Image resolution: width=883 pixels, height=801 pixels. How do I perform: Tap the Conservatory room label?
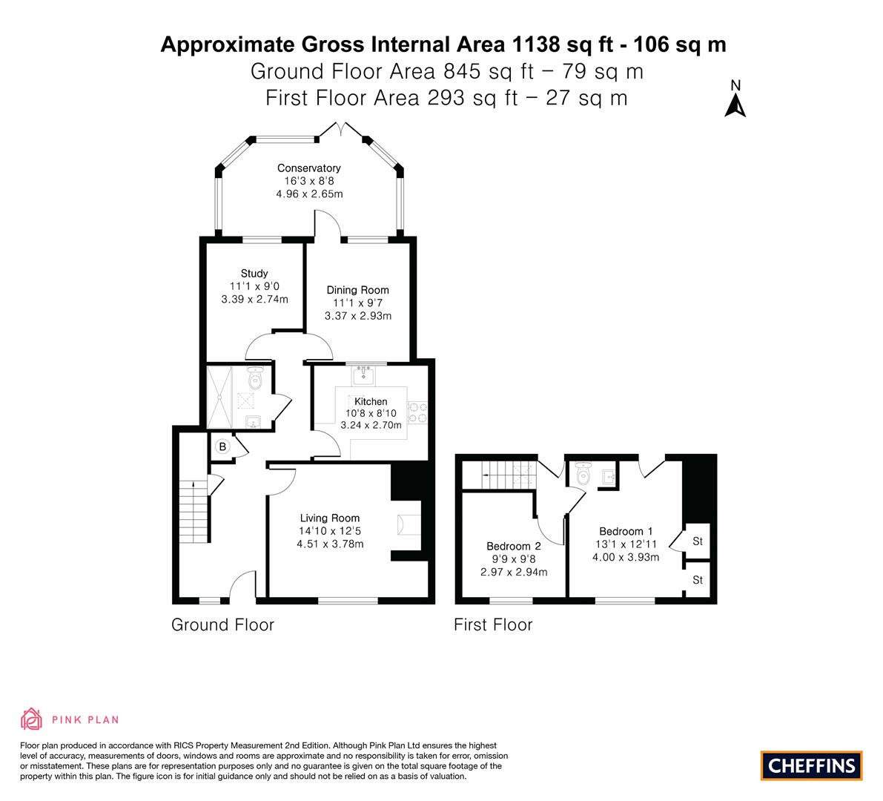pos(308,168)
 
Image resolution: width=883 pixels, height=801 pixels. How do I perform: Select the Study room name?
pos(254,273)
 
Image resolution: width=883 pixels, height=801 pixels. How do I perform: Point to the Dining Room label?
pos(357,289)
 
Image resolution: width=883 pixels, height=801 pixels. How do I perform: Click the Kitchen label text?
pos(371,401)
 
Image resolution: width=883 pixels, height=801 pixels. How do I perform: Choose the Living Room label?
pos(329,518)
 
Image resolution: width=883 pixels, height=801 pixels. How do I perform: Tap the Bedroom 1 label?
pos(626,531)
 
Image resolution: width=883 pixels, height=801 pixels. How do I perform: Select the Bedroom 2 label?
pos(514,546)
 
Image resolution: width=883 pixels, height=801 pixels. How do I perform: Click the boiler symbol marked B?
pos(222,446)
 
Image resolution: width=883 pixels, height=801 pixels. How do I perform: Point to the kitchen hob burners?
pos(417,412)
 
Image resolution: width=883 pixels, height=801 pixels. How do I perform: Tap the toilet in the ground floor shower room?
pos(256,378)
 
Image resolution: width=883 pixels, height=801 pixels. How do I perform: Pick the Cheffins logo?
pos(812,765)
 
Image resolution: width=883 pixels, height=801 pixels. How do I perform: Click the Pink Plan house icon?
pos(32,719)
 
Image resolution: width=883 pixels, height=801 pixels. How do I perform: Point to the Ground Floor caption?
pos(222,624)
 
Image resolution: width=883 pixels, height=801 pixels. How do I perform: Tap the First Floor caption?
pos(493,624)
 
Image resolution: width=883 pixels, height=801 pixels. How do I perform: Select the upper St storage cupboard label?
pos(698,541)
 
